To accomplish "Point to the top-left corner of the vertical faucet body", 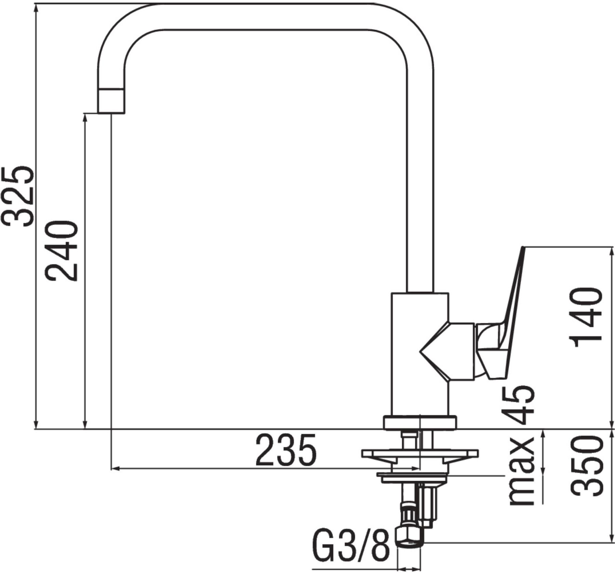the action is click(x=392, y=293).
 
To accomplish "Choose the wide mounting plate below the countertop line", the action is click(x=420, y=454).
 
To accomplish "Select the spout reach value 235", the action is click(x=286, y=450).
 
